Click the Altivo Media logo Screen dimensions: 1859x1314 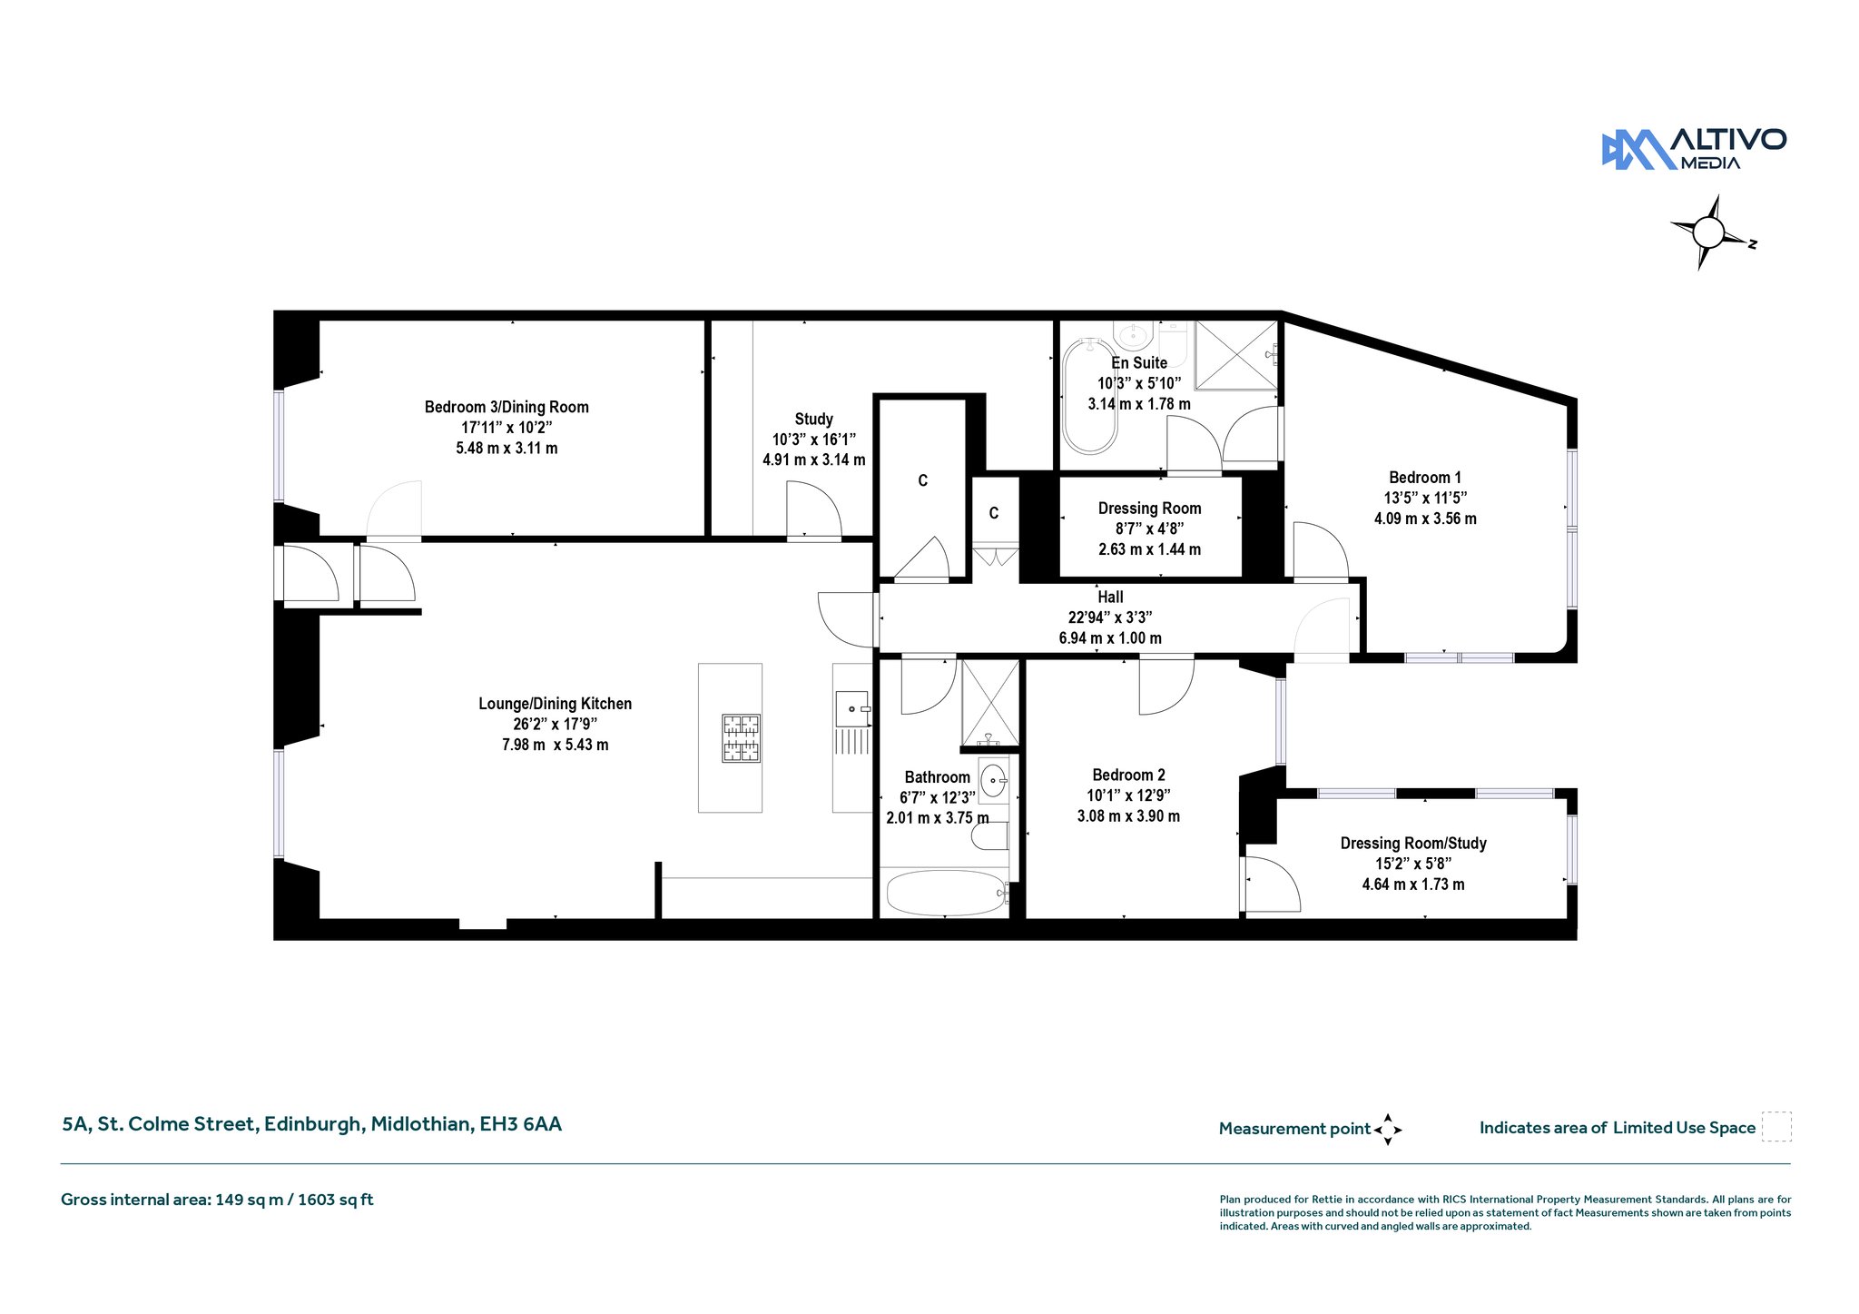tap(1694, 149)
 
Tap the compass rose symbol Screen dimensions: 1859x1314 tap(1709, 233)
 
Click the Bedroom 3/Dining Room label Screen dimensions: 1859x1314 tap(507, 407)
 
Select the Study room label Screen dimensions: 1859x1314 tap(813, 419)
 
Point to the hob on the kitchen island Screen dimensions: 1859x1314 tap(741, 738)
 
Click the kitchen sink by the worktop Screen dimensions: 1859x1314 tap(852, 708)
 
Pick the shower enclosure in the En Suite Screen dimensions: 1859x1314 tap(1234, 354)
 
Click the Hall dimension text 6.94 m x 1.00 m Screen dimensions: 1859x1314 tap(1110, 638)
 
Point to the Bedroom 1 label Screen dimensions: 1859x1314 tap(1425, 478)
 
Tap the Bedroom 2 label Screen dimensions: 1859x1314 tap(1128, 775)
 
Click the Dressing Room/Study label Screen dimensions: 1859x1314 tap(1413, 844)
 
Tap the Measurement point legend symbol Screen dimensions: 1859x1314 tap(1388, 1130)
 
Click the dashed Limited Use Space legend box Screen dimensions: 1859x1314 tap(1776, 1126)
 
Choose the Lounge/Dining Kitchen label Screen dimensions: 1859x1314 tap(555, 704)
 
